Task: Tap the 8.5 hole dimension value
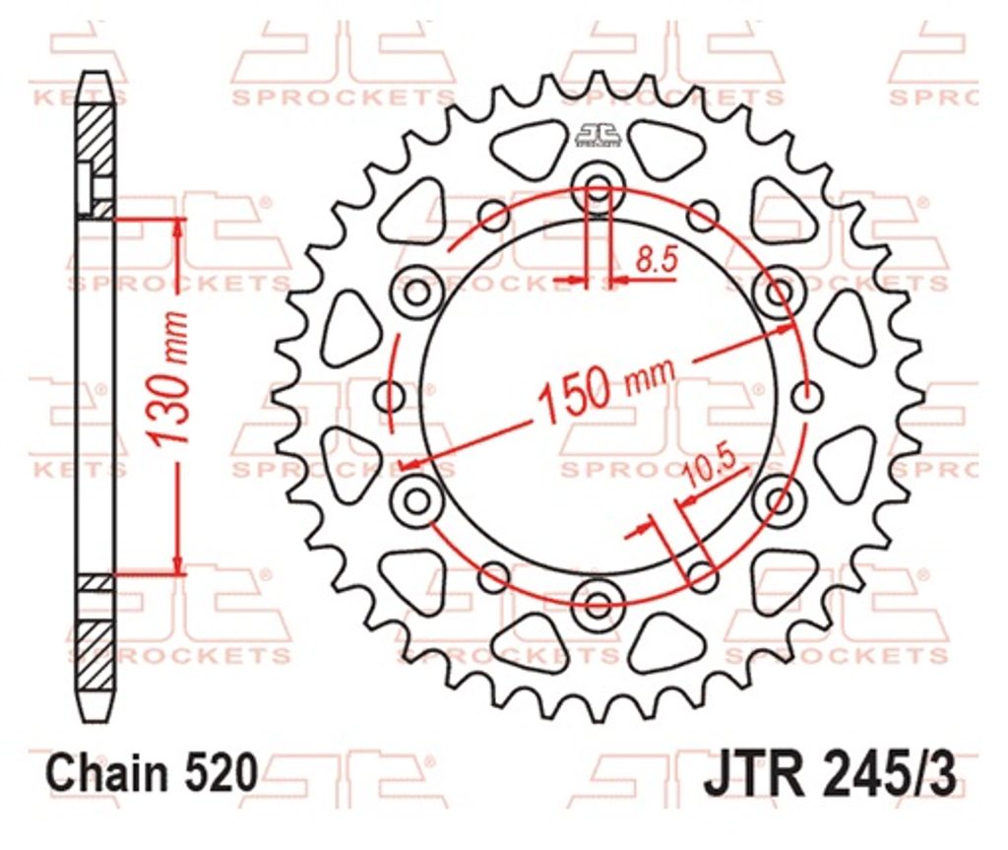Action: pos(657,261)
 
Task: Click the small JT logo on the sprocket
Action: pos(599,134)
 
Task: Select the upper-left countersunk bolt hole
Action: pos(417,293)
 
